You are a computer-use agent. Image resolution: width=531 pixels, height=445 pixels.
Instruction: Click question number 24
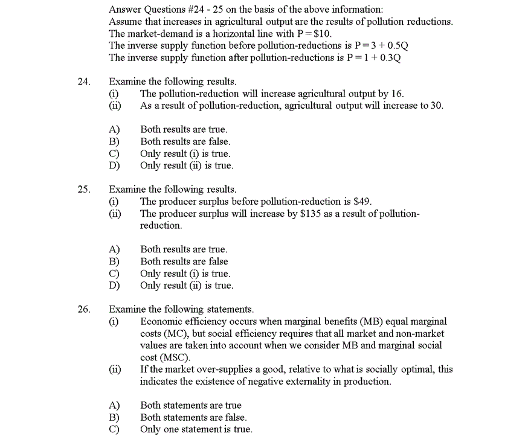[x=83, y=82]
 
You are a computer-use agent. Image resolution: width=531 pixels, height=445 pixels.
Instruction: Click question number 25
[x=83, y=190]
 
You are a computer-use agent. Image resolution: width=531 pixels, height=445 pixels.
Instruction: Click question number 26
[x=83, y=310]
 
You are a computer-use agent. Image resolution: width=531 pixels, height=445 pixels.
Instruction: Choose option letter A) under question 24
[x=114, y=130]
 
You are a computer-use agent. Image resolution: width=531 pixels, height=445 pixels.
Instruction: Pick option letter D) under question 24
[x=114, y=165]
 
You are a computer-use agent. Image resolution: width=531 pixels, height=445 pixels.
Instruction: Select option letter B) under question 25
[x=114, y=261]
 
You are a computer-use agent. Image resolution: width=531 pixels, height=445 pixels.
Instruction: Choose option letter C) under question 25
[x=114, y=274]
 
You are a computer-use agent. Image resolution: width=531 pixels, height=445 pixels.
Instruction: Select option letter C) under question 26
[x=114, y=429]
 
